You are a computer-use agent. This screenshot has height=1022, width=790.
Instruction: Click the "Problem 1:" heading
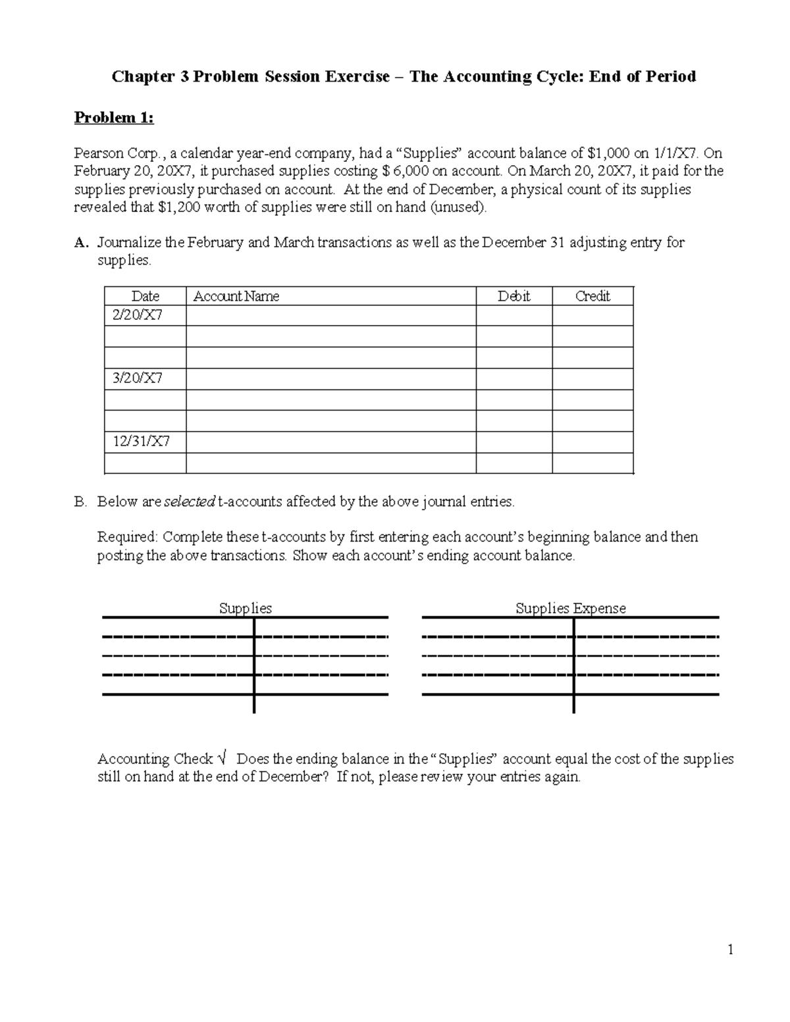(114, 118)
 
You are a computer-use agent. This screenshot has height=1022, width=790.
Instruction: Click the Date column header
(145, 297)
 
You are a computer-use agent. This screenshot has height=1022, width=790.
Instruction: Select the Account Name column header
(236, 297)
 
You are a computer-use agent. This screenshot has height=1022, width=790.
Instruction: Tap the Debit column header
(513, 297)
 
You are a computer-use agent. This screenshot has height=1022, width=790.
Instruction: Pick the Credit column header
(592, 297)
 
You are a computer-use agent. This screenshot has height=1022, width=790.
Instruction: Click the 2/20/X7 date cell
(138, 315)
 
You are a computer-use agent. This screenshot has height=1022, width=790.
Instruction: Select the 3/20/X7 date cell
(138, 378)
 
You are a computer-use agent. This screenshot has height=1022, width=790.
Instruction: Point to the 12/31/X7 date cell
(141, 442)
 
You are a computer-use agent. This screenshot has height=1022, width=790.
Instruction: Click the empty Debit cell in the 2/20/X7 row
(513, 316)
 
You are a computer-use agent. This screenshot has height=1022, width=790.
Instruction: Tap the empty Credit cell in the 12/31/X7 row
(592, 442)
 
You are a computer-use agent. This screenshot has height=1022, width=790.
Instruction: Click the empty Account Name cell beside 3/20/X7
(330, 379)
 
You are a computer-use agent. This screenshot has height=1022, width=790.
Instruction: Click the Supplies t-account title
(245, 609)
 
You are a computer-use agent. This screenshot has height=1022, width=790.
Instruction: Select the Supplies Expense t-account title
(570, 609)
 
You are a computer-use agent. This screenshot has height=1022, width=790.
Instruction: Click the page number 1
(730, 949)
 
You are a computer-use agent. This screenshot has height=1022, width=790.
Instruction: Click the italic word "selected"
(189, 502)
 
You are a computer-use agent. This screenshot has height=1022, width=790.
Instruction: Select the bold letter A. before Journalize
(81, 243)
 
